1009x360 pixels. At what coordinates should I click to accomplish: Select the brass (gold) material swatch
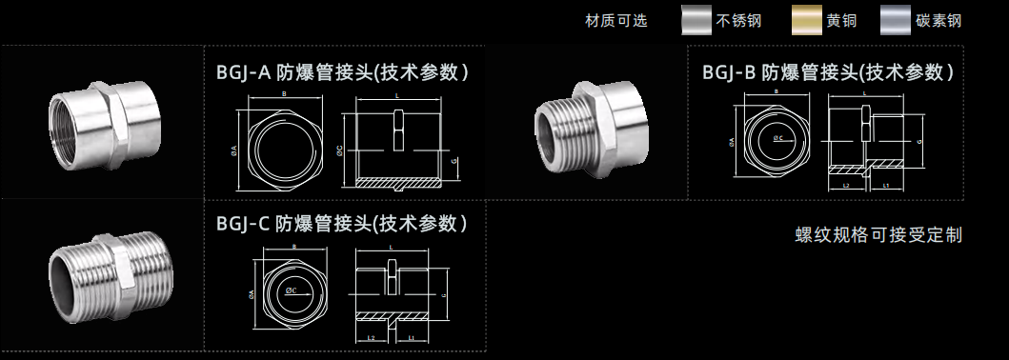(x=813, y=20)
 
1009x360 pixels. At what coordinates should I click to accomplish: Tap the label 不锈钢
(x=748, y=20)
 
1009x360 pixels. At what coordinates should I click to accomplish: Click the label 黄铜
(x=844, y=20)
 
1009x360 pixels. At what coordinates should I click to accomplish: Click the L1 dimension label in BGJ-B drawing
(x=887, y=187)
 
